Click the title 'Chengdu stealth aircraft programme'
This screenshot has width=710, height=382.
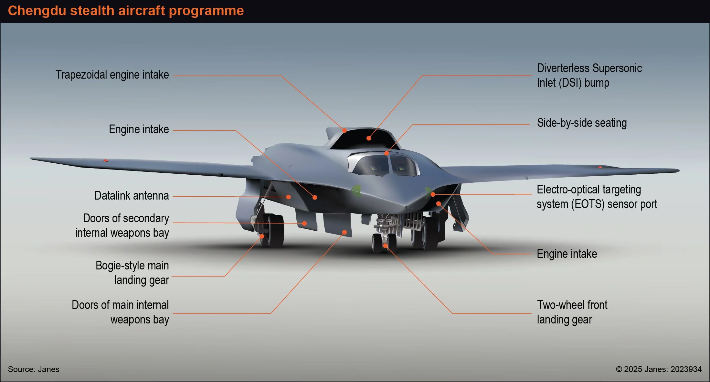tap(126, 11)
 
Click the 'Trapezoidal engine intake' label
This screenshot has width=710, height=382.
tap(112, 75)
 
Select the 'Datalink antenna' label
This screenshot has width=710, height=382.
tap(132, 196)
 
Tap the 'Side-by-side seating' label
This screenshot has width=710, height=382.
tap(582, 123)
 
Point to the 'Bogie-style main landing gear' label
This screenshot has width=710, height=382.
tap(132, 273)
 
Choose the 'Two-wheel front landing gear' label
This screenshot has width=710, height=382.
tap(572, 312)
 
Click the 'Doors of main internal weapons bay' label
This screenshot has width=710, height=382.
tap(120, 312)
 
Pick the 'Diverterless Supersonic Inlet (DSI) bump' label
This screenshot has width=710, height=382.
tap(589, 75)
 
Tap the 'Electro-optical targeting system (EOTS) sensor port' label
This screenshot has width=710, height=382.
tap(597, 197)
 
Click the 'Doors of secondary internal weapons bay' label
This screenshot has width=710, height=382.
tap(122, 225)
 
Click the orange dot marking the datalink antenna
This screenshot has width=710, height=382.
tap(289, 197)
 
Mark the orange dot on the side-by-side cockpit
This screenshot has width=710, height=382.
tap(387, 153)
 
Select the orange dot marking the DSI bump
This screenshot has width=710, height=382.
tap(369, 138)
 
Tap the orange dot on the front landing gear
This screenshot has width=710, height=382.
tap(385, 246)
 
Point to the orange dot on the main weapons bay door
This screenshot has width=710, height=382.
tap(344, 232)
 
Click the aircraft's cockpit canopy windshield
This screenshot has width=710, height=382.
tap(384, 165)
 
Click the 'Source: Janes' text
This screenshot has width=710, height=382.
tap(34, 369)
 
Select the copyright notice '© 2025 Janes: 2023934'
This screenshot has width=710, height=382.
tap(659, 369)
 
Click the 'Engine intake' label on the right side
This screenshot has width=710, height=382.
tap(567, 254)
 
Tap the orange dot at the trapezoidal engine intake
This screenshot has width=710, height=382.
tap(344, 130)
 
